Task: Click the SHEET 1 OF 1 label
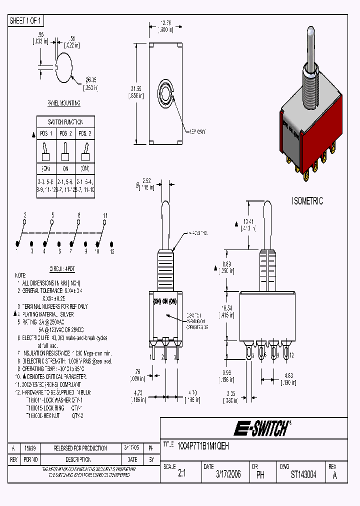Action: point(26,21)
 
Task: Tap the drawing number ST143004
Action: point(303,474)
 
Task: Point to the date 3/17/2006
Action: point(228,474)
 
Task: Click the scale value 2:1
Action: point(181,474)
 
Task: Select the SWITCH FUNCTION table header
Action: point(65,122)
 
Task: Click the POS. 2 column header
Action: point(65,134)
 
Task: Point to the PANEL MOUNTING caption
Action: point(63,103)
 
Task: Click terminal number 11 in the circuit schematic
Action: point(105,215)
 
